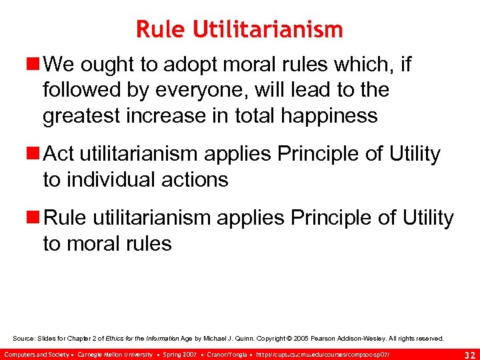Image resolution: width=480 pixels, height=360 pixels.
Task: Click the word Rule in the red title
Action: point(157,29)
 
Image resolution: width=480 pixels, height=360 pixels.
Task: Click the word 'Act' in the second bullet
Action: point(59,154)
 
